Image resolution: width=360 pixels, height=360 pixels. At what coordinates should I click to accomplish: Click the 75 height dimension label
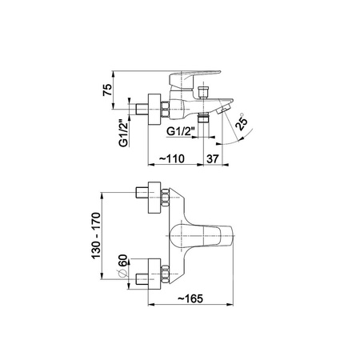107,90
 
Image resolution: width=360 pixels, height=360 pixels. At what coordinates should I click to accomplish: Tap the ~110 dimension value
172,158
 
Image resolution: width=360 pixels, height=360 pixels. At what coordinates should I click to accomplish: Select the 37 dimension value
213,159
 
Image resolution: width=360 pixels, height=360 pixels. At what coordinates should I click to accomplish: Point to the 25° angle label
242,122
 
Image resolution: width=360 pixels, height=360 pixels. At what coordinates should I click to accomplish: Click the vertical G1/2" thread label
123,133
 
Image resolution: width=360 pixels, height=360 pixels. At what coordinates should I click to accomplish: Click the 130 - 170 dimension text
96,235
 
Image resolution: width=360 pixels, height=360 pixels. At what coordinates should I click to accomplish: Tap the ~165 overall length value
190,298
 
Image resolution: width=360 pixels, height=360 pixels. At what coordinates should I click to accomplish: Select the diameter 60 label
123,261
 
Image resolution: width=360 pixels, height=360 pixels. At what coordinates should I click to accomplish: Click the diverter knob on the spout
203,92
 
